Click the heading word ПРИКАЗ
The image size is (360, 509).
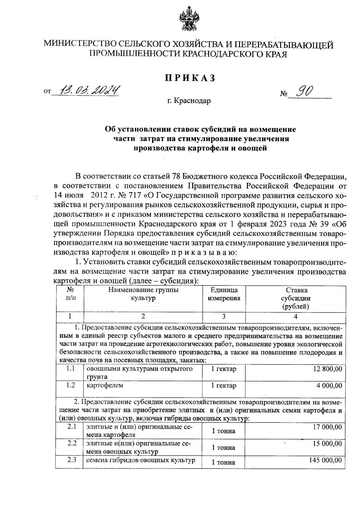[x=190, y=77]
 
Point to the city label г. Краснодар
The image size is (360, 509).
[x=189, y=101]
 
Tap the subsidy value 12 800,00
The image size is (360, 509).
[x=328, y=369]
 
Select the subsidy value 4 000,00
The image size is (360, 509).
[x=329, y=385]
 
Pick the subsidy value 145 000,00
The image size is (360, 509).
[x=325, y=460]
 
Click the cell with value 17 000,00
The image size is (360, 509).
[x=327, y=427]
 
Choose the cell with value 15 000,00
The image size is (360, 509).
[x=327, y=443]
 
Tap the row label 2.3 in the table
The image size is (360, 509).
[x=72, y=459]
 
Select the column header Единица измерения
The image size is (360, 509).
[x=224, y=294]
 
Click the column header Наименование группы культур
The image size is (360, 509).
[x=143, y=294]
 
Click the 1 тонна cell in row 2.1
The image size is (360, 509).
[x=223, y=431]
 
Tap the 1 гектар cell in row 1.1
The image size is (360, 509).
[x=224, y=369]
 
